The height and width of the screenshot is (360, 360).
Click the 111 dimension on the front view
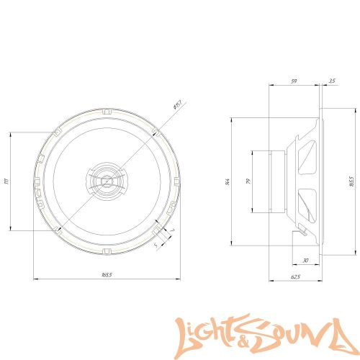[x=6, y=181]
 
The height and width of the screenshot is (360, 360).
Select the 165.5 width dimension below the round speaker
[x=107, y=274]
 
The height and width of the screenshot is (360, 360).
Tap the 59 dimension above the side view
[x=294, y=81]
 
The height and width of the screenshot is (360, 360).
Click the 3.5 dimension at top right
[x=331, y=81]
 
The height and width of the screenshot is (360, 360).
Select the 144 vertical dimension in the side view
[x=228, y=181]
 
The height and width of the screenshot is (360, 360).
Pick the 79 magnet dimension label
[x=247, y=181]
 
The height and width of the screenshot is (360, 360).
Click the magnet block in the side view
[x=275, y=181]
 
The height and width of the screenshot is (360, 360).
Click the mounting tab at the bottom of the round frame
[x=107, y=251]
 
